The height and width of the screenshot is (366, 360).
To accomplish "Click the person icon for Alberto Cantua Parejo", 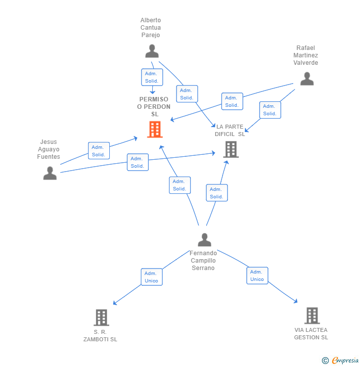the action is tap(152, 51).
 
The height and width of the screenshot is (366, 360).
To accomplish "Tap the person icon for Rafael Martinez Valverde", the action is tap(307, 79).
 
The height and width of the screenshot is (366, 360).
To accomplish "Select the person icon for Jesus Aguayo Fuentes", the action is tap(50, 173).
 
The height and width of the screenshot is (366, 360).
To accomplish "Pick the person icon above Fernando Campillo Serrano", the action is tap(204, 240).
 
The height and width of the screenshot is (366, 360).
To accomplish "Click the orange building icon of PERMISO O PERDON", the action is tap(155, 130).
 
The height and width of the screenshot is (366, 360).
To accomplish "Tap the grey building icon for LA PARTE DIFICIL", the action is tap(231, 149).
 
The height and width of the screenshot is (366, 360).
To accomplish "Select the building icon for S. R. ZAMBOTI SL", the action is tap(101, 318).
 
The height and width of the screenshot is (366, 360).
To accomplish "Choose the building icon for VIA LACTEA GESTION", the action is tap(312, 316).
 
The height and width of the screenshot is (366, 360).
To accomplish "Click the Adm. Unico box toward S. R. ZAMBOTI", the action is tap(151, 277).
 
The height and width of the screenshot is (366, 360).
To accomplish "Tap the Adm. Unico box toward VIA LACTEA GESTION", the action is tap(257, 275).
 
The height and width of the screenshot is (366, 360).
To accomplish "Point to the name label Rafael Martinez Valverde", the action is tap(306, 55).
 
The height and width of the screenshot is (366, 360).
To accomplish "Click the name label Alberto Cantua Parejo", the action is tap(150, 28).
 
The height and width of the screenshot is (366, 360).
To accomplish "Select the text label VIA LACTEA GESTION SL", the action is tap(311, 334).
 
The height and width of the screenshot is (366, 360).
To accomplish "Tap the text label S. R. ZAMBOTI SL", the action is tap(100, 336).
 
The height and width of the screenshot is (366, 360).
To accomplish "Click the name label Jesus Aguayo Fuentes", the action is tap(48, 149).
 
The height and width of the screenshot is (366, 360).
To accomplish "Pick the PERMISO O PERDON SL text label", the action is tap(154, 107).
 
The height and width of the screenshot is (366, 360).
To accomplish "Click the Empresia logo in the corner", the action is tap(341, 361).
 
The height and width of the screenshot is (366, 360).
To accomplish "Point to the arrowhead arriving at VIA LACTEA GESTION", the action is tap(296, 301).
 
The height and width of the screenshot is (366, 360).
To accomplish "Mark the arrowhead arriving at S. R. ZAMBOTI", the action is tap(115, 303).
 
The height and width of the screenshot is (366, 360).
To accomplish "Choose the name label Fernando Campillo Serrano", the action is tap(203, 261).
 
